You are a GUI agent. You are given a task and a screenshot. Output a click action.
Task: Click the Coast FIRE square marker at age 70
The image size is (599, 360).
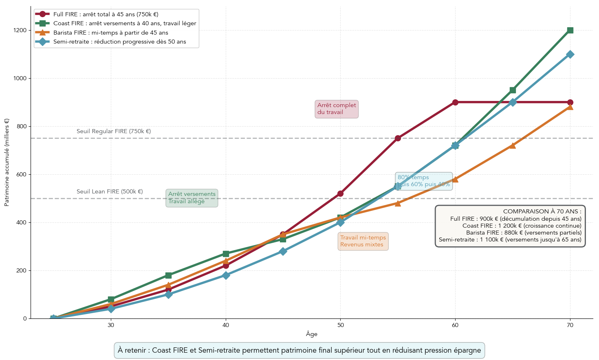(x=570, y=30)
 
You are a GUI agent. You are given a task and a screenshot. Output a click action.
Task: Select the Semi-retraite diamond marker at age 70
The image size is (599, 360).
(x=570, y=54)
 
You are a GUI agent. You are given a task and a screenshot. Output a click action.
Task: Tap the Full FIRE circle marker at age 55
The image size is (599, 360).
(x=398, y=138)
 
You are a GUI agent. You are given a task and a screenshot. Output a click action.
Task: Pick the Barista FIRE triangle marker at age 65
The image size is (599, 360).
(x=513, y=145)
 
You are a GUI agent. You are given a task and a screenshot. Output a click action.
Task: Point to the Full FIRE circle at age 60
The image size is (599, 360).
(x=455, y=102)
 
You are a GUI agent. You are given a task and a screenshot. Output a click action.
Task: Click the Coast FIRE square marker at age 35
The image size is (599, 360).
(x=168, y=275)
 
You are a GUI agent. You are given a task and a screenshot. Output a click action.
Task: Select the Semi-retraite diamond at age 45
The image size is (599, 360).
(x=283, y=251)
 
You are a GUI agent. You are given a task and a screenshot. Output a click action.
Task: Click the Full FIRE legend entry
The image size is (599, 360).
(x=106, y=14)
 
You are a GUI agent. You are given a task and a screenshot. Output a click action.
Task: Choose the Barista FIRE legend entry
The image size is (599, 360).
(x=110, y=33)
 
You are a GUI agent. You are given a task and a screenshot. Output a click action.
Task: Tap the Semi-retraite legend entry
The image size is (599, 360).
(x=119, y=42)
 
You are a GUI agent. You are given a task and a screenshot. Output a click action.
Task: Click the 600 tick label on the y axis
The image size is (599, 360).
(x=21, y=174)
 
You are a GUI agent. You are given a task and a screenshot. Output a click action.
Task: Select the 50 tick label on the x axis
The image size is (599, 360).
(x=340, y=325)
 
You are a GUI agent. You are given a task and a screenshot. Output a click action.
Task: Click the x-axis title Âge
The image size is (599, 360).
(x=311, y=334)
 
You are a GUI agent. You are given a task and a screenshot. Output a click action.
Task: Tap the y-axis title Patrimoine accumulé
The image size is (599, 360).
(x=7, y=162)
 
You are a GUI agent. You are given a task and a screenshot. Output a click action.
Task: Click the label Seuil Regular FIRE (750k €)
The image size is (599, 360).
(x=114, y=131)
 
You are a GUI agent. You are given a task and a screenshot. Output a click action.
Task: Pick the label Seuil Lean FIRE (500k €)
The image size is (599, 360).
(x=110, y=191)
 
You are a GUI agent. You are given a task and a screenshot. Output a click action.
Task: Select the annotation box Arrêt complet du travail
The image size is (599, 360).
(x=337, y=109)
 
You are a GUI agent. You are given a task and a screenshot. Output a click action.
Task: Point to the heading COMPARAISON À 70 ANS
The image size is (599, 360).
(x=542, y=211)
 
